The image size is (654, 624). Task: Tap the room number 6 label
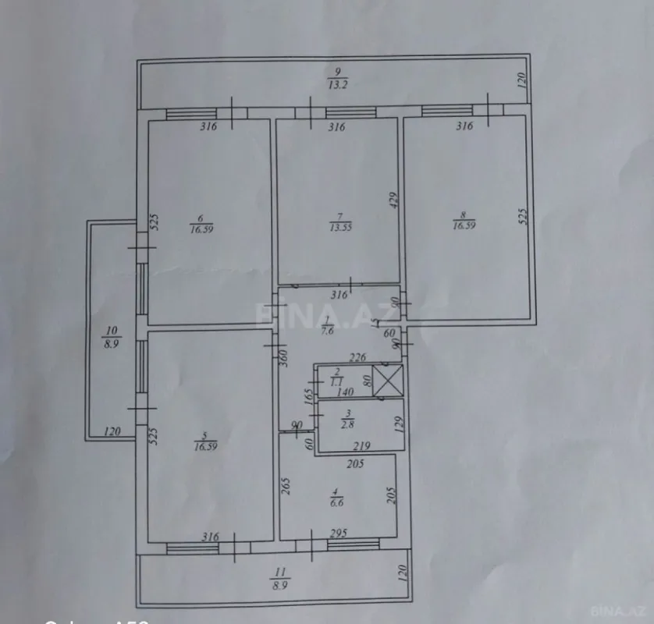pos(201,218)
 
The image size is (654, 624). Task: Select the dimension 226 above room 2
pos(357,358)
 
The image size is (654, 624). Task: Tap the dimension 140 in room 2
pos(347,392)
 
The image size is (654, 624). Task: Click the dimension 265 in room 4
pos(286,487)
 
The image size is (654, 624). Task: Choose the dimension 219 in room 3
pos(361,446)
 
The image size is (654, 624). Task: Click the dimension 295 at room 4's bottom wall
pos(337,533)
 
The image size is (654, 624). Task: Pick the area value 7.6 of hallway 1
pos(329,329)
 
